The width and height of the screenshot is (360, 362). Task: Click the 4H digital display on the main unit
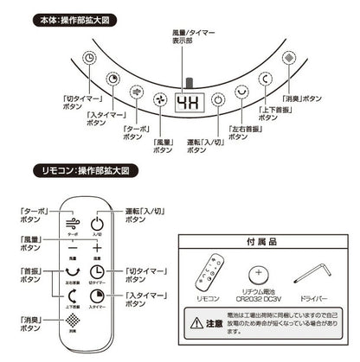(x=187, y=100)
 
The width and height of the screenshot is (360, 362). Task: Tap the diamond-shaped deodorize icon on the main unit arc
(x=290, y=57)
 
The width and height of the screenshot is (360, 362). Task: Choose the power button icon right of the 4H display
(x=221, y=98)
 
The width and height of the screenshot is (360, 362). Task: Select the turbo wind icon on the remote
(x=73, y=223)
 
